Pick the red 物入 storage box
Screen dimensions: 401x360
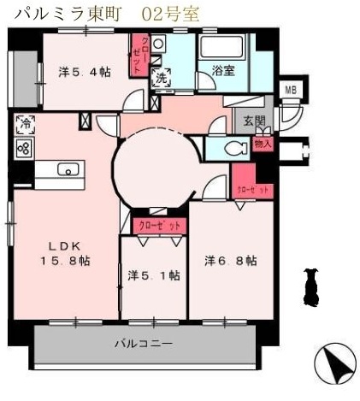pos(263,144)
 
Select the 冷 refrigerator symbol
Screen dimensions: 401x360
pos(23,125)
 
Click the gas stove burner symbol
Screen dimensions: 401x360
pos(23,148)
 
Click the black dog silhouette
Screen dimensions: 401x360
pos(310,286)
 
